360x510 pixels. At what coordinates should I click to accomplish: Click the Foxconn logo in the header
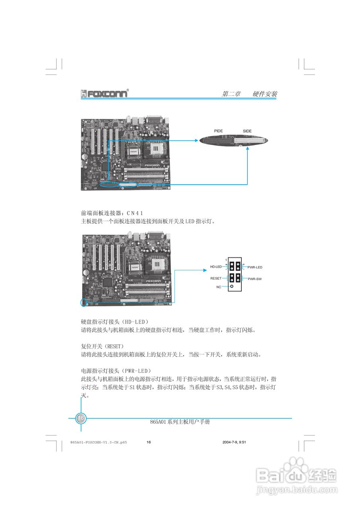click(x=105, y=93)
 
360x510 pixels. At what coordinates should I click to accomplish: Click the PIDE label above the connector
click(x=218, y=131)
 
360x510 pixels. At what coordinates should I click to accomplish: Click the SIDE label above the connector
click(x=247, y=131)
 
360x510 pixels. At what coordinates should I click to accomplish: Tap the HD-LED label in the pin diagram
click(x=216, y=267)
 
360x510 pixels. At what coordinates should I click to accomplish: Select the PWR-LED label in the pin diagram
click(x=255, y=267)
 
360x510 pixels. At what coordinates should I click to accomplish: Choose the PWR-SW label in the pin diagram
click(x=254, y=279)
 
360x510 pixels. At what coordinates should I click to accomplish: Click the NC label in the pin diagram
click(x=219, y=287)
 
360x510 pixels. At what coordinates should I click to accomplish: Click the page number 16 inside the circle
click(x=81, y=418)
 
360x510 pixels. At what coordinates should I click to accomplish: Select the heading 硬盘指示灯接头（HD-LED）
click(x=115, y=321)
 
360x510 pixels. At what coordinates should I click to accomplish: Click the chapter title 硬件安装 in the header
click(x=265, y=94)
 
